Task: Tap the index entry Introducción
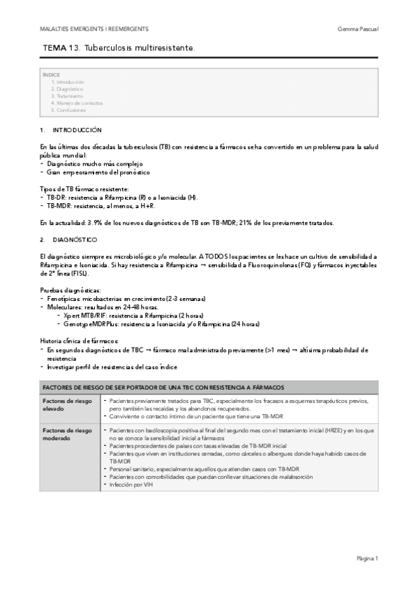click(70, 82)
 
